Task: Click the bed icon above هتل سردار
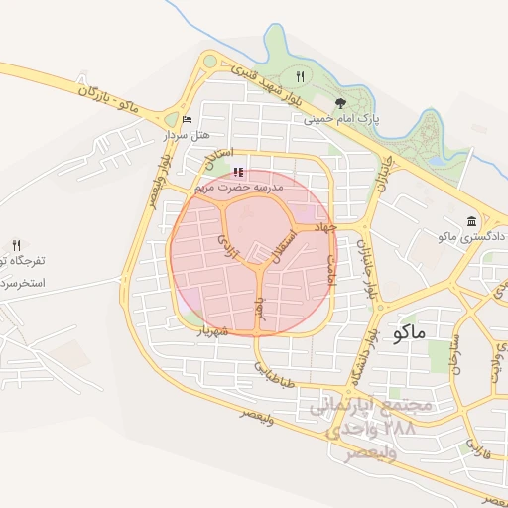pos(188,120)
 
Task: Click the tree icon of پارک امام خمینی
pos(340,101)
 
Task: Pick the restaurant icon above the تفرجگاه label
pos(16,244)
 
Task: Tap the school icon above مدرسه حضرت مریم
pos(237,172)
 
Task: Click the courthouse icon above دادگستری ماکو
pos(471,221)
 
